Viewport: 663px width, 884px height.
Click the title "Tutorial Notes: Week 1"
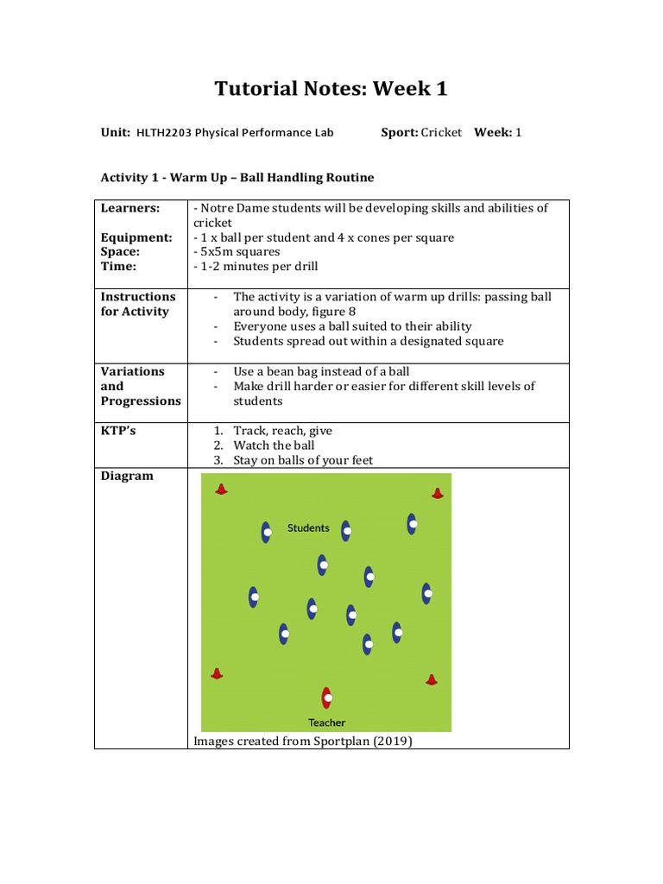coord(331,89)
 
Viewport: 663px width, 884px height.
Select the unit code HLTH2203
coord(162,132)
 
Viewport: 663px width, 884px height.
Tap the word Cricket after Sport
coord(441,132)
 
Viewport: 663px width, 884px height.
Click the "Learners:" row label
coord(130,208)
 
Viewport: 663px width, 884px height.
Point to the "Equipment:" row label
coord(136,237)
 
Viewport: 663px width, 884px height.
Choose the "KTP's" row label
coord(118,431)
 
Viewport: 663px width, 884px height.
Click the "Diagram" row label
coord(127,476)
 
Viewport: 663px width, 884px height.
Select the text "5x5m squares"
coord(239,252)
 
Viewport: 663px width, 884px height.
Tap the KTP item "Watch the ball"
coord(274,445)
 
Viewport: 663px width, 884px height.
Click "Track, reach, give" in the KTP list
coord(282,431)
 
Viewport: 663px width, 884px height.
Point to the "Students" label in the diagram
coord(308,527)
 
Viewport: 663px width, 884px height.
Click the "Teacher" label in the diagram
coord(326,723)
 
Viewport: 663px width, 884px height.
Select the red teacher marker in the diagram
coord(326,698)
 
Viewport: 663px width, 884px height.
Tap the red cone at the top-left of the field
coord(221,489)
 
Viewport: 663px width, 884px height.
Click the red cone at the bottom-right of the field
coord(432,679)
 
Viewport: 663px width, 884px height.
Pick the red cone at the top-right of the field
coord(437,493)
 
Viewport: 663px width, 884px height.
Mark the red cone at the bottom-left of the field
coord(217,673)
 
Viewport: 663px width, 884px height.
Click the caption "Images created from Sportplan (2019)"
coord(303,741)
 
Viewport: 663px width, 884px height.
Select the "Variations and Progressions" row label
coord(140,386)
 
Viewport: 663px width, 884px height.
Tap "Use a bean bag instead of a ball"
coord(321,371)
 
